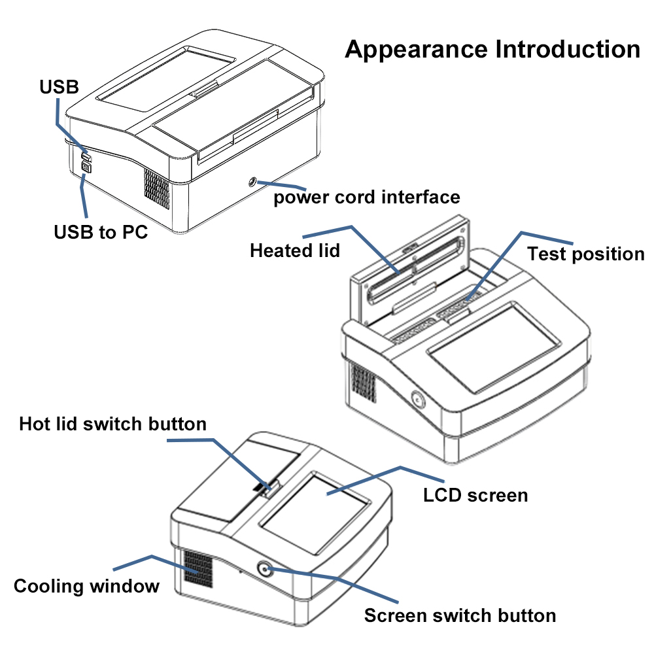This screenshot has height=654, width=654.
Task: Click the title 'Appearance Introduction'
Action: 492,49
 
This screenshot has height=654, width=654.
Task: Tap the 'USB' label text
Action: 59,86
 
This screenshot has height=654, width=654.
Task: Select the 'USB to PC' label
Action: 100,232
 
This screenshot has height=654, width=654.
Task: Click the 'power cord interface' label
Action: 366,197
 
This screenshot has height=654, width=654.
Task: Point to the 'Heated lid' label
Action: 295,250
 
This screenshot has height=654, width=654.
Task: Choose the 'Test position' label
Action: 586,254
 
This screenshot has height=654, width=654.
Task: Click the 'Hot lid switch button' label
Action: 112,424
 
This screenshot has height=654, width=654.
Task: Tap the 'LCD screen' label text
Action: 475,494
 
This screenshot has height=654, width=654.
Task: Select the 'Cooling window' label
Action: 86,585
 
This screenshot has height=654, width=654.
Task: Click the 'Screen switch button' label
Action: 460,615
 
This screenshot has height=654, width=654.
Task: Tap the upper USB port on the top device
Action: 86,156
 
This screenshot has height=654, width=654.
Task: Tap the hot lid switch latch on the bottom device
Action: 266,488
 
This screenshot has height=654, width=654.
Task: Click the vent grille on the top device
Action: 156,190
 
